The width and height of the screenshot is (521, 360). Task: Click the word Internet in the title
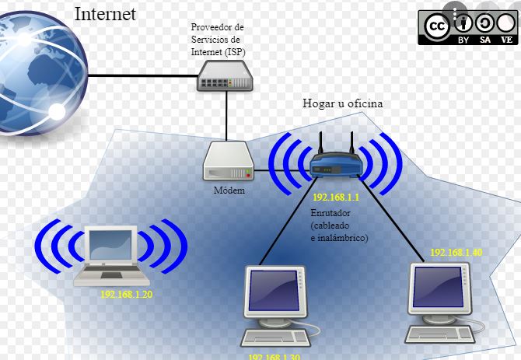tap(105, 13)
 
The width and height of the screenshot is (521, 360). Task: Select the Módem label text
tap(228, 190)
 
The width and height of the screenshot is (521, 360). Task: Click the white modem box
tap(228, 162)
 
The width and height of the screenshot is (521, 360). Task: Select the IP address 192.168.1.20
tap(126, 295)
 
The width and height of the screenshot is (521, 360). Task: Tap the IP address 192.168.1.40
tap(456, 253)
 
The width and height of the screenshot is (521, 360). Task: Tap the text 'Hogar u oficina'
tap(343, 103)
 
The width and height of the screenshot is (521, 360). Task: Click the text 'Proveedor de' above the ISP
tap(217, 28)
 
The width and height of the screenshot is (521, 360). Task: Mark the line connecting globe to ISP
tap(140, 75)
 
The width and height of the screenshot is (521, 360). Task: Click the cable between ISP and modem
tap(227, 116)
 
